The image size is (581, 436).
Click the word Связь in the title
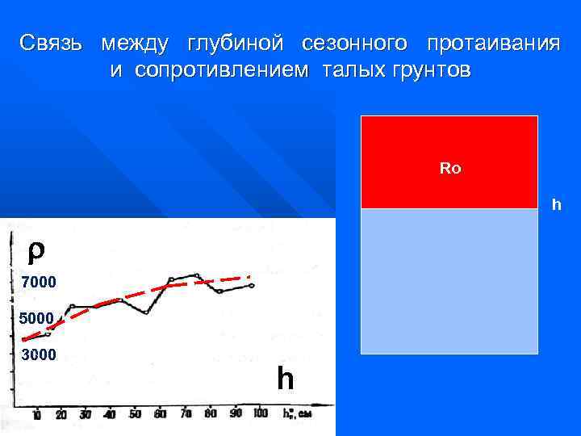51,43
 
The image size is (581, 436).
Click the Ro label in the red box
449,170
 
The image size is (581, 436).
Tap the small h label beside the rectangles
555,204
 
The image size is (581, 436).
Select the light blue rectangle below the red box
449,281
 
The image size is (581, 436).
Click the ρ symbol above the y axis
32,251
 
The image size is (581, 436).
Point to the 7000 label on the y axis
39,283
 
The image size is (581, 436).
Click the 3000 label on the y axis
39,354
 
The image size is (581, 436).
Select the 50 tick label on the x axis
136,414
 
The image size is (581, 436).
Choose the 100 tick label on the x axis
260,414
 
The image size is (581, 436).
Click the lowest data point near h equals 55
147,312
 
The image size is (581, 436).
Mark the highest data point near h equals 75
196,275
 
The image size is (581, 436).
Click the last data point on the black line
252,286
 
